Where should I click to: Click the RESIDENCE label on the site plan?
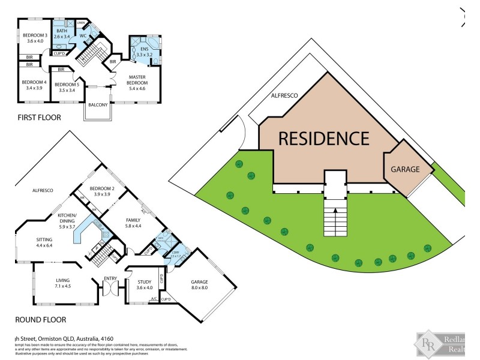coord(323,139)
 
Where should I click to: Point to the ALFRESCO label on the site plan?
coord(284,95)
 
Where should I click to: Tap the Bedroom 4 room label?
coord(34,85)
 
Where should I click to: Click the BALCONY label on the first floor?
coord(98,105)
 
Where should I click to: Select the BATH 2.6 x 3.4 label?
coord(62,34)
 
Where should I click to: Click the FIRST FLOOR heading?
coord(39,118)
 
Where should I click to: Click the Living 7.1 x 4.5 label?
coord(63,283)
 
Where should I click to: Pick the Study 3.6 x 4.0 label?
coord(145,284)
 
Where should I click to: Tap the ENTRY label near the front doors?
coord(110,278)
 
